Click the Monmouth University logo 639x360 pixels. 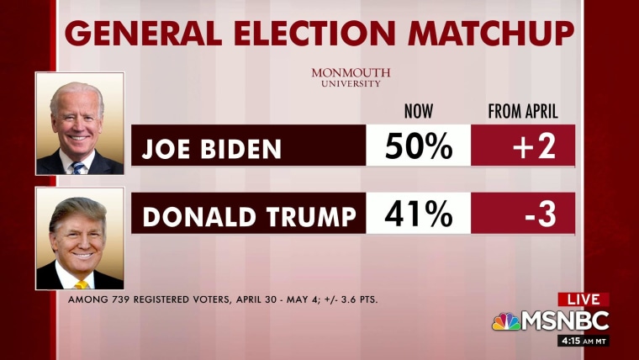tap(351, 77)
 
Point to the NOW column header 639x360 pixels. tap(418, 111)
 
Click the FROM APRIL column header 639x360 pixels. tap(523, 111)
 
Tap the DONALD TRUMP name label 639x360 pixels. tap(249, 216)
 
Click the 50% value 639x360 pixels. tap(418, 147)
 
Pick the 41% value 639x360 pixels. tap(418, 214)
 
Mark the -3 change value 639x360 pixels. tap(542, 214)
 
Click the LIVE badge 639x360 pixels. tap(583, 299)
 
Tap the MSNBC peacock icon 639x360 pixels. tap(505, 321)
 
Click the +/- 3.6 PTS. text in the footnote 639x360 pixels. tap(345, 299)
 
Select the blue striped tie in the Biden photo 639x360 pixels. tap(79, 167)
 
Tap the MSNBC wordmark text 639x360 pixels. tap(564, 321)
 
